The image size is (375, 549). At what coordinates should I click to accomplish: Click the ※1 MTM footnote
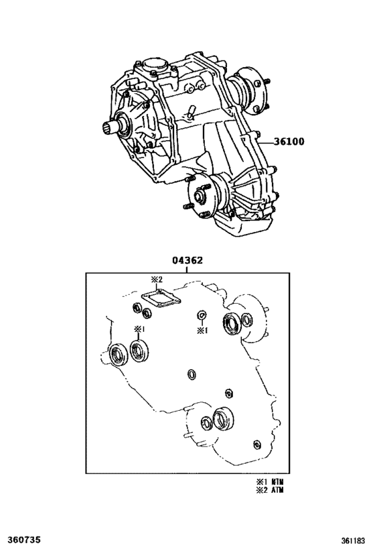click(x=268, y=481)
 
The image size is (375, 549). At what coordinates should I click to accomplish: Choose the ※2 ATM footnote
click(x=268, y=489)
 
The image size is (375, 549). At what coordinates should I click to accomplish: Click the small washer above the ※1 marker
click(x=202, y=316)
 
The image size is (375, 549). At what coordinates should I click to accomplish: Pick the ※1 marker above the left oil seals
click(x=139, y=329)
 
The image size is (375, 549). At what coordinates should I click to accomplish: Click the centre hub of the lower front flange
click(x=200, y=196)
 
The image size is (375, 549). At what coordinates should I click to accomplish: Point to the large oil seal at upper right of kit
click(x=235, y=324)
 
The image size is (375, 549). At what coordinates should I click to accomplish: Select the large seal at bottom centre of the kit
click(x=222, y=420)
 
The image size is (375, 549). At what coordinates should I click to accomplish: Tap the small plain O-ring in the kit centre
click(x=192, y=374)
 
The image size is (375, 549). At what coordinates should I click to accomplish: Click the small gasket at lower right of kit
click(x=257, y=444)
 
